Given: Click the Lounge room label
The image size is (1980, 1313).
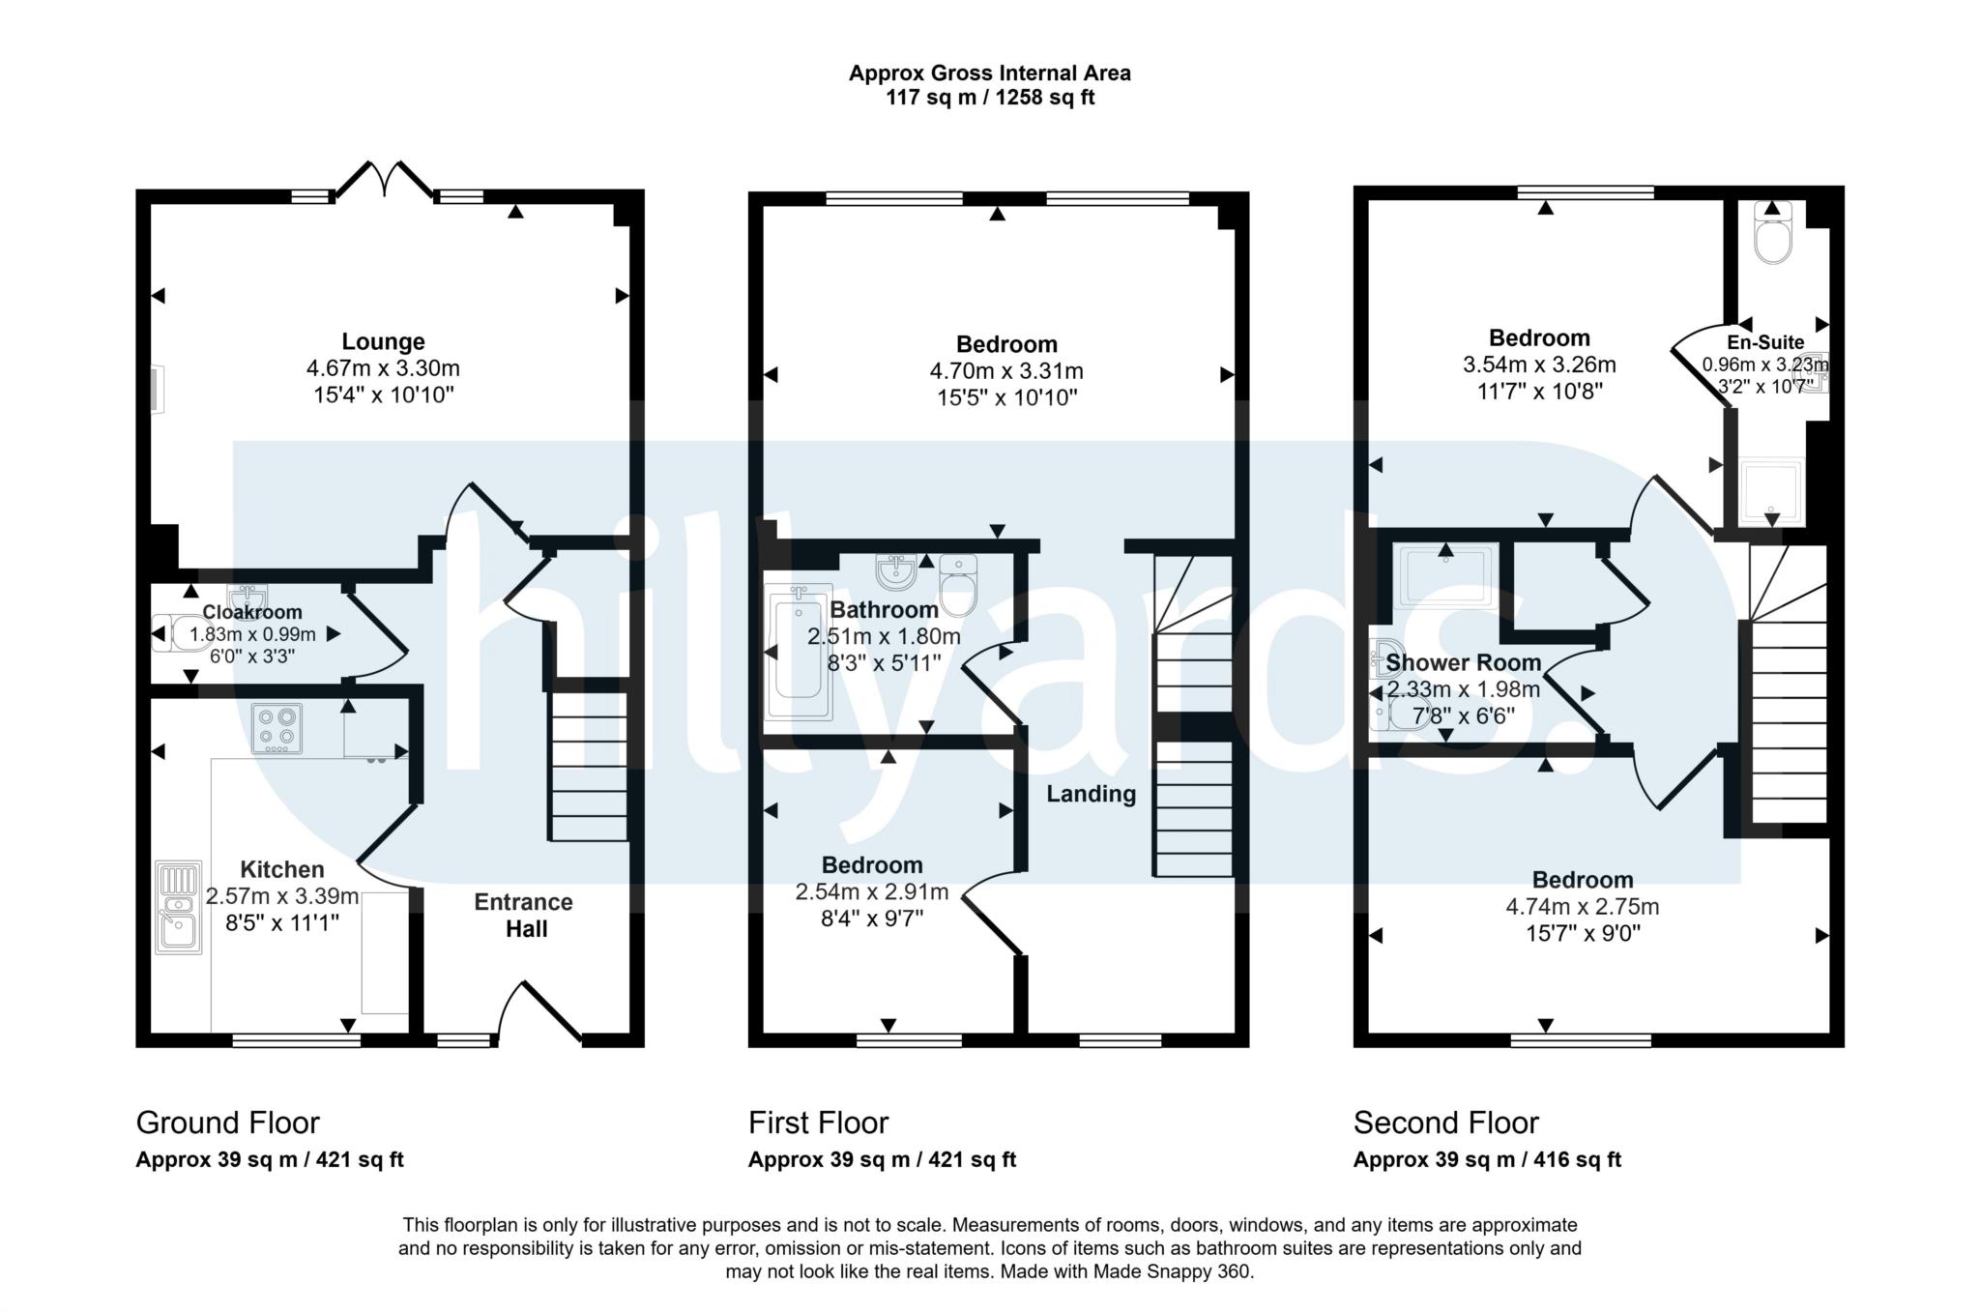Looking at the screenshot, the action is tap(383, 341).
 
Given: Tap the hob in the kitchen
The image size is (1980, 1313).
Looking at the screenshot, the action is tap(277, 728).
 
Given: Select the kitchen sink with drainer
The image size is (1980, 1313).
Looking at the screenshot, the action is tap(179, 907).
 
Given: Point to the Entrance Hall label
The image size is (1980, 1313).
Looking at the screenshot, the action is tap(524, 916).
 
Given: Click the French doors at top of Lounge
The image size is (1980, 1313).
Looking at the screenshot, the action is tap(385, 180).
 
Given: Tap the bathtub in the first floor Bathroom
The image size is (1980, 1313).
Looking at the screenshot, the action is tap(798, 653).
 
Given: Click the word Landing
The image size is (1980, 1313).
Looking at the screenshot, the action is tap(1092, 794).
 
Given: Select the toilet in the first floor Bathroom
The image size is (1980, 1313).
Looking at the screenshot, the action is tap(958, 585).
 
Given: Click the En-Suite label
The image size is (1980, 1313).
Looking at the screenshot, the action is tap(1765, 342).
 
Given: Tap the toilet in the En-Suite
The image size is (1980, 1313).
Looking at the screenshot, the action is tap(1773, 233).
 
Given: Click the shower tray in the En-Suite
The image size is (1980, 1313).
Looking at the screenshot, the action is tap(1772, 492).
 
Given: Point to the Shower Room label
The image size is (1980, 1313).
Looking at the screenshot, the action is tap(1463, 662).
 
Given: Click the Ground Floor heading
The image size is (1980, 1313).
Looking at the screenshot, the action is tap(227, 1123).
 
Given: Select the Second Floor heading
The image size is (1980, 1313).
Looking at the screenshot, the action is tap(1445, 1123).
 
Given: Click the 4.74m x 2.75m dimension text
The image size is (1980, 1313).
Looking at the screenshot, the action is tap(1583, 907).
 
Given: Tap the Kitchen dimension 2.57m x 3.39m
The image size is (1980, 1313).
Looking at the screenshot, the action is tap(282, 896).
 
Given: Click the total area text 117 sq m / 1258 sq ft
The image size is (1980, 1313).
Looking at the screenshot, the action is tap(990, 98).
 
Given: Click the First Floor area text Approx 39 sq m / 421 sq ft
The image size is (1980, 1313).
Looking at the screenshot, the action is tap(882, 1159).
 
